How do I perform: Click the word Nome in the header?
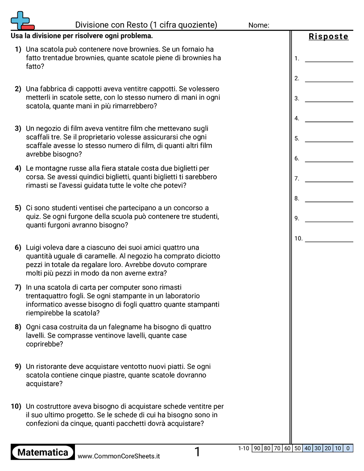[x=258, y=25]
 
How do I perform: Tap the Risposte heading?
[x=328, y=37]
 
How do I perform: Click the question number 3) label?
[x=18, y=128]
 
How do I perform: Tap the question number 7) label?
[x=18, y=287]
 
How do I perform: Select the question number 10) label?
[x=16, y=406]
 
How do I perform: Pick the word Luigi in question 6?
[x=34, y=248]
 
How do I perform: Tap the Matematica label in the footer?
[x=43, y=452]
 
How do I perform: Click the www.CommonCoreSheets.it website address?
[x=119, y=456]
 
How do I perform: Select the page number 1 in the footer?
[x=198, y=452]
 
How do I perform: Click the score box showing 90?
[x=257, y=448]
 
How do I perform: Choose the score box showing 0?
[x=348, y=448]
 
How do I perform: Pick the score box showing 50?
[x=298, y=448]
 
